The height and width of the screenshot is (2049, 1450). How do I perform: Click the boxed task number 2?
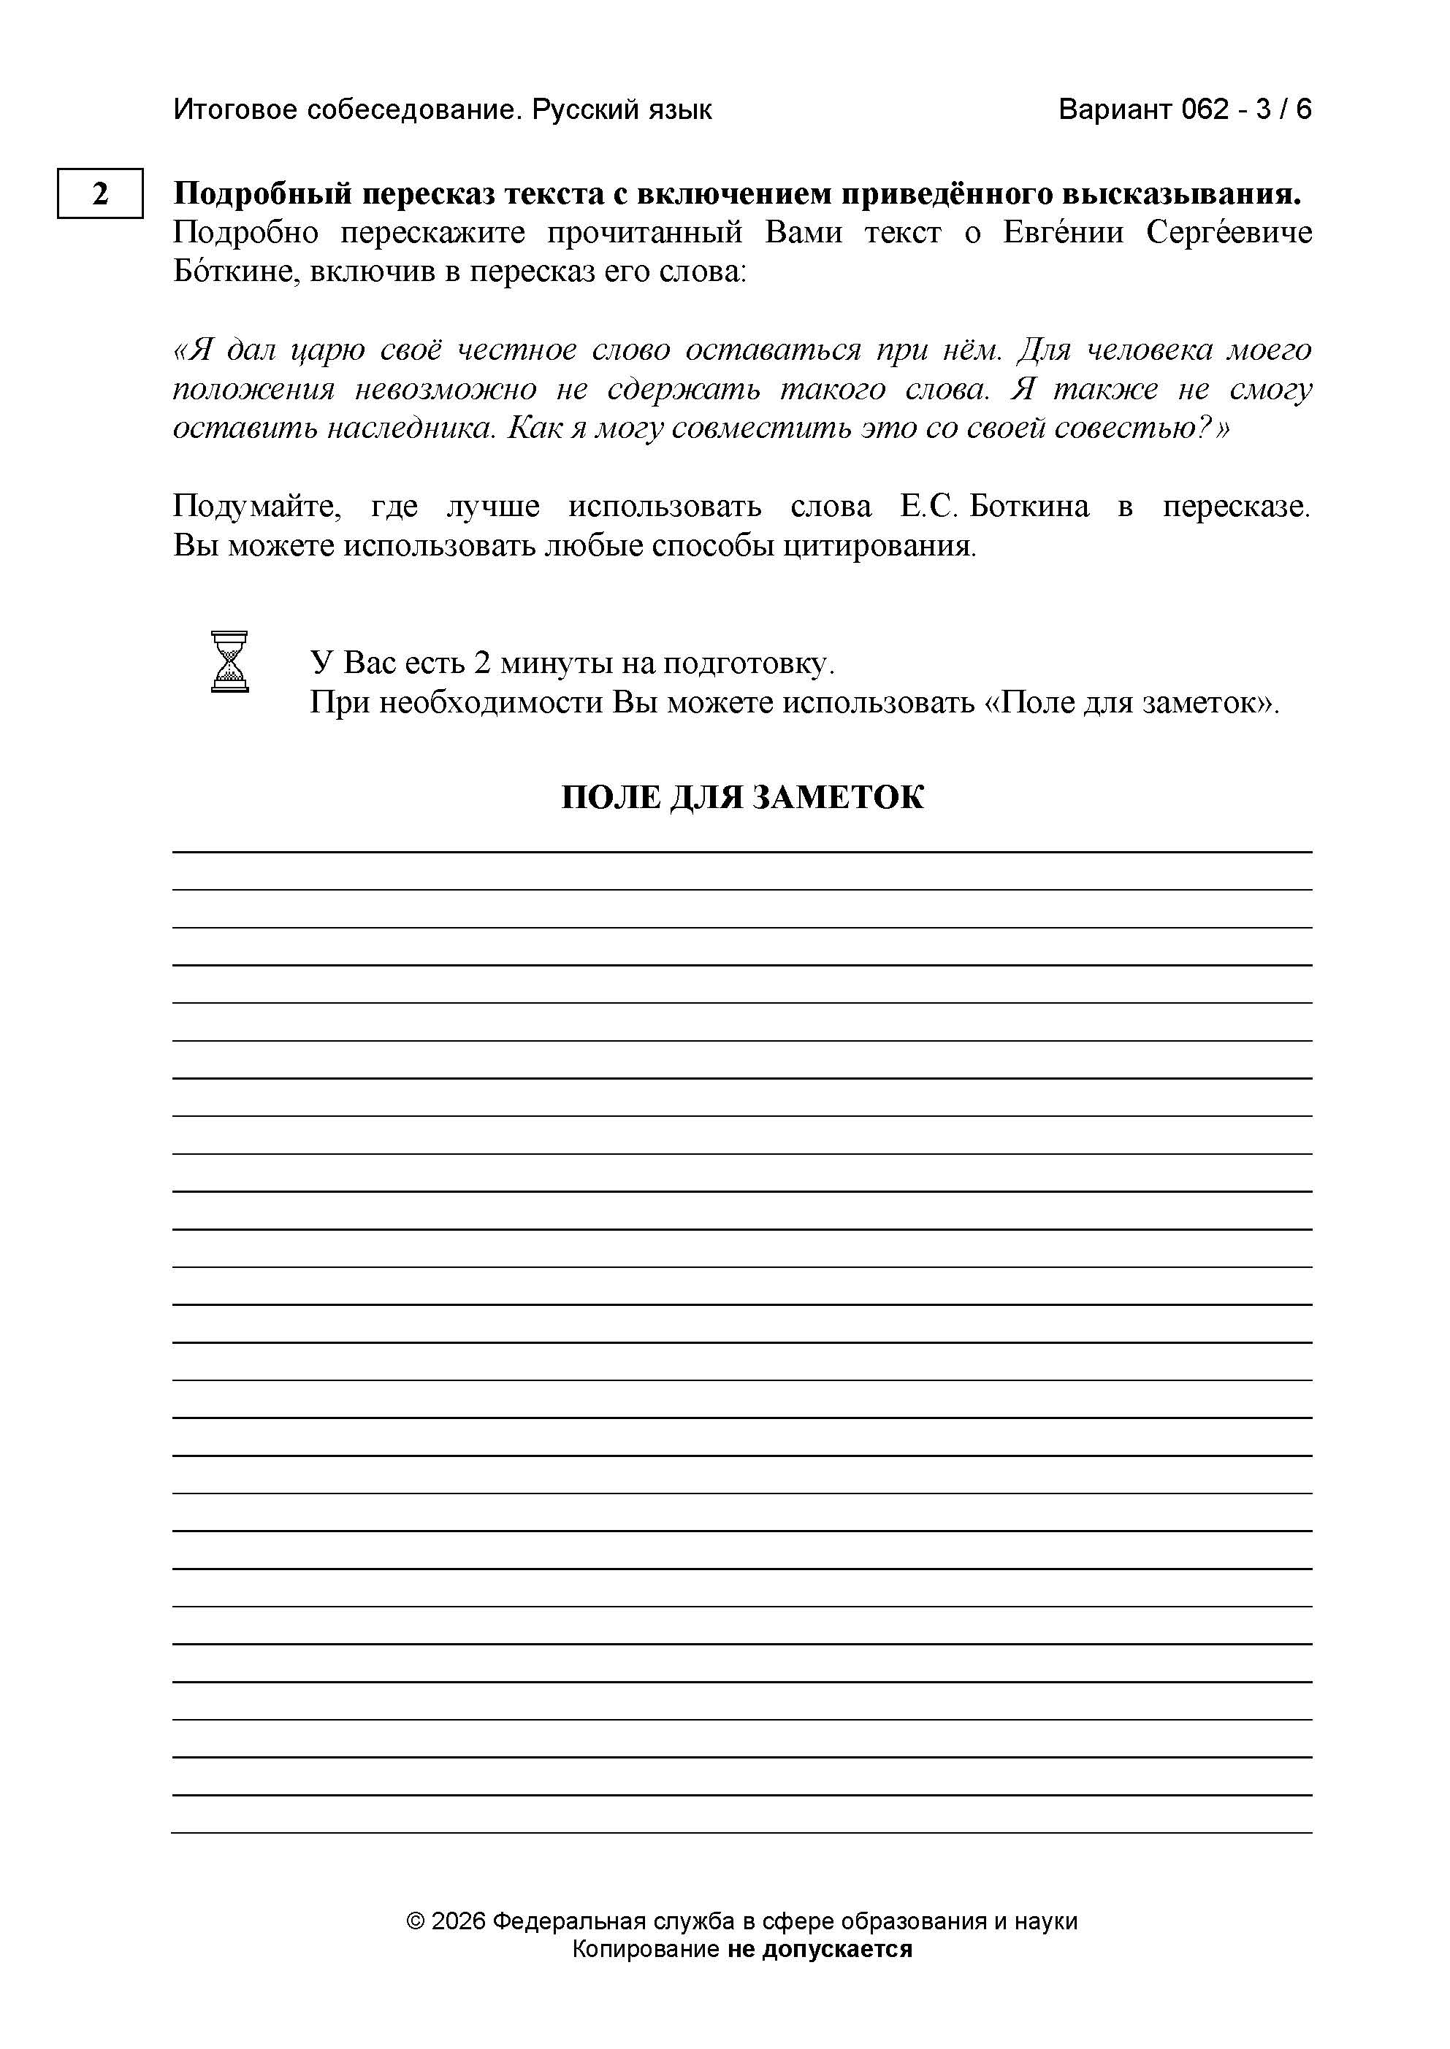point(100,193)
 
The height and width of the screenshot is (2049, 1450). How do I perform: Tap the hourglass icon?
point(229,661)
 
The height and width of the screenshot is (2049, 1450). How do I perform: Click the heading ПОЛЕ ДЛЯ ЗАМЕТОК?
point(742,797)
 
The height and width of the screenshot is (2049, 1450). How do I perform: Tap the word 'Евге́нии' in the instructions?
point(1064,233)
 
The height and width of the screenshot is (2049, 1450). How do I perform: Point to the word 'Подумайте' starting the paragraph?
point(256,506)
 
